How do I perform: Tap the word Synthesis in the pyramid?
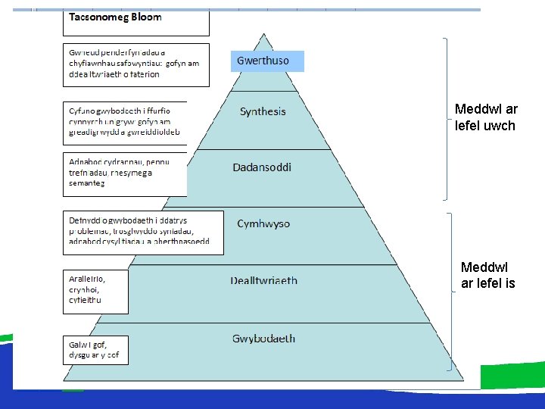tap(263, 111)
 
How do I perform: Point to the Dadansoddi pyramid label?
tap(262, 167)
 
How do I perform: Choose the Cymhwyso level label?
tap(263, 224)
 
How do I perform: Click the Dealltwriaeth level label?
tap(264, 280)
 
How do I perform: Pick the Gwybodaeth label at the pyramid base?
tap(263, 339)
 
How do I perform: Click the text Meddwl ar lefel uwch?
tap(486, 117)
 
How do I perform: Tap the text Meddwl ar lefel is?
tap(488, 275)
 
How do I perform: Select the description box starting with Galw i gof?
tap(95, 350)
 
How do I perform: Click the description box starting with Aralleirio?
tap(95, 291)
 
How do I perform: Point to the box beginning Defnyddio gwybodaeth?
tap(143, 232)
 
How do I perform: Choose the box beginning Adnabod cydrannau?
tap(126, 173)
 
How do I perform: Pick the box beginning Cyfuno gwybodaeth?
tap(126, 122)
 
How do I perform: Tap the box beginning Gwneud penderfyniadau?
tap(135, 64)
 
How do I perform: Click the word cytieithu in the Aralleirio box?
tap(85, 300)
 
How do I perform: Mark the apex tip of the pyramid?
tap(263, 33)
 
